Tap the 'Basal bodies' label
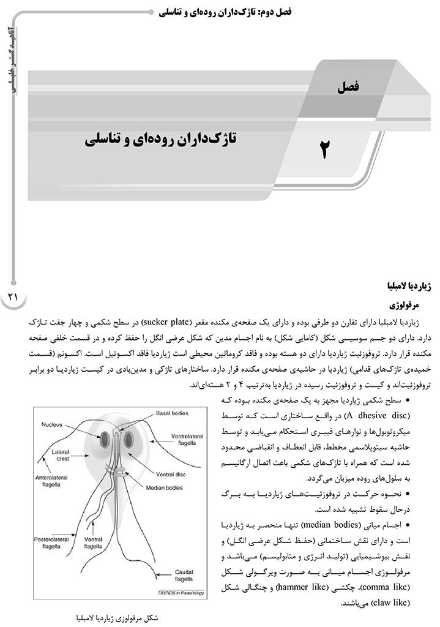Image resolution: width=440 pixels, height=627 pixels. [x=173, y=413]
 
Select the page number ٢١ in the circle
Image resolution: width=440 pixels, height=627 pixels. [x=13, y=297]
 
